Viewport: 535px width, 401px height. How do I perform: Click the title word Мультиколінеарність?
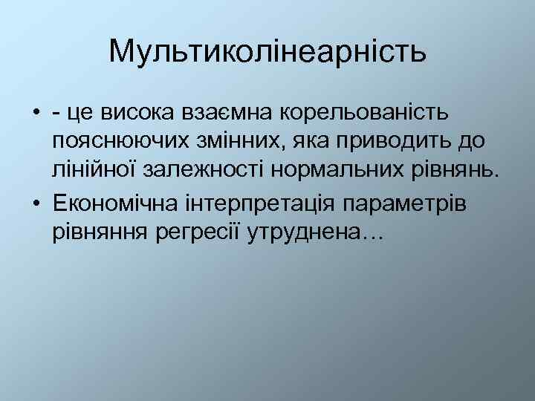coord(267,51)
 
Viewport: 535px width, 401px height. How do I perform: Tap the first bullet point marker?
coord(36,114)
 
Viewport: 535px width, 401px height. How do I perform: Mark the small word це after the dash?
coord(78,114)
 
